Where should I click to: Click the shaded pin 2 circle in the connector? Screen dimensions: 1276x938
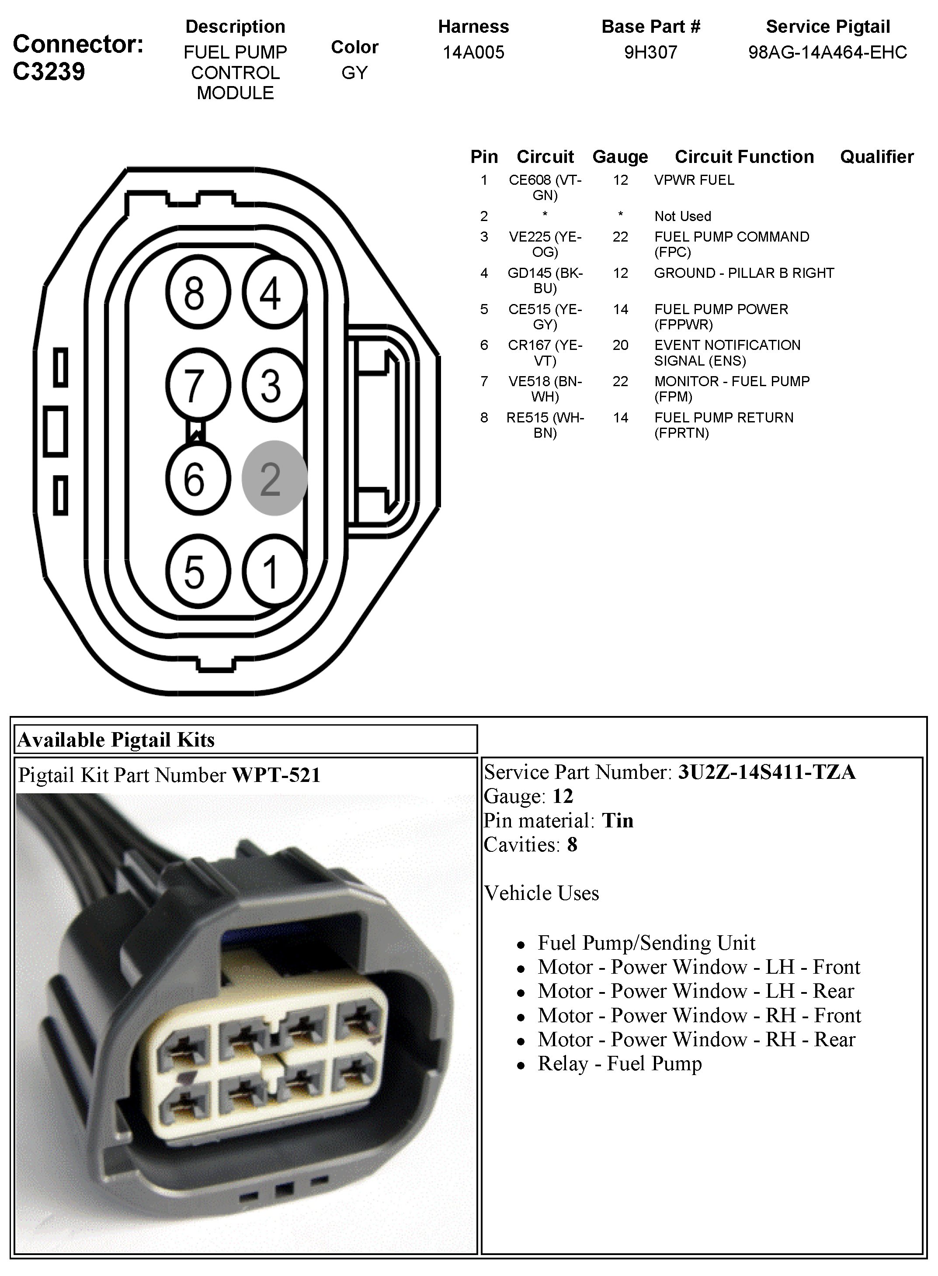click(274, 478)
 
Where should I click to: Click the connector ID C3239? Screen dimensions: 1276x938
click(49, 72)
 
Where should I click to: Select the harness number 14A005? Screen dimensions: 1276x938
click(473, 52)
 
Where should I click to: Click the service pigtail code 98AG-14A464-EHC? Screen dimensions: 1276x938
click(827, 52)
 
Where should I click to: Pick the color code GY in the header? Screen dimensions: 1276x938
click(354, 73)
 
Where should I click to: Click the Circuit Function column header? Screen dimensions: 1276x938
click(744, 156)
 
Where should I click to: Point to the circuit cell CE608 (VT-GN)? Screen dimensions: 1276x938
click(545, 187)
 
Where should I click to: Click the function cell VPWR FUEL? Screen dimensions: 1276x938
click(694, 180)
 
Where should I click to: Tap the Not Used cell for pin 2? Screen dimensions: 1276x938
click(682, 216)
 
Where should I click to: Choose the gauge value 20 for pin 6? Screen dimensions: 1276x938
click(620, 345)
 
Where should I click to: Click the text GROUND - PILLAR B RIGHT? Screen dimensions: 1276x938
click(744, 273)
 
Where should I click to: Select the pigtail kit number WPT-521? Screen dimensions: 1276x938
click(276, 775)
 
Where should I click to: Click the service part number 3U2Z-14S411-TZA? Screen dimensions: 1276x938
click(767, 772)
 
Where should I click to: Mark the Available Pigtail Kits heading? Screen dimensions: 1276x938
click(116, 740)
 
